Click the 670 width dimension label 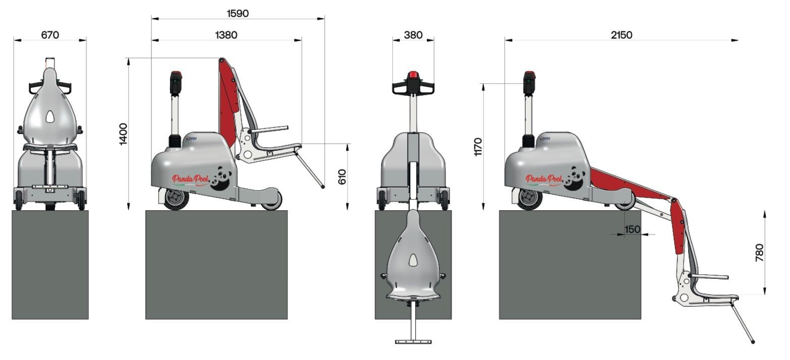click(x=50, y=35)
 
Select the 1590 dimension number click(x=238, y=14)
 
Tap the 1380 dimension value click(x=226, y=35)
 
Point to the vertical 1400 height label click(x=124, y=134)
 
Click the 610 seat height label click(x=342, y=176)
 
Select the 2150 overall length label click(x=621, y=35)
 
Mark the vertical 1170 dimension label click(x=479, y=146)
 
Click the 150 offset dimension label click(x=632, y=229)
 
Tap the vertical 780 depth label click(x=759, y=253)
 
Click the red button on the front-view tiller click(x=413, y=76)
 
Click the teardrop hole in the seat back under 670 click(x=50, y=117)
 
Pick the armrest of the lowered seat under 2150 click(x=709, y=277)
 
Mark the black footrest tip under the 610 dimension click(x=323, y=187)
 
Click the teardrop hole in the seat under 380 click(x=413, y=260)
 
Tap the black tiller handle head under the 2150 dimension click(x=529, y=83)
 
